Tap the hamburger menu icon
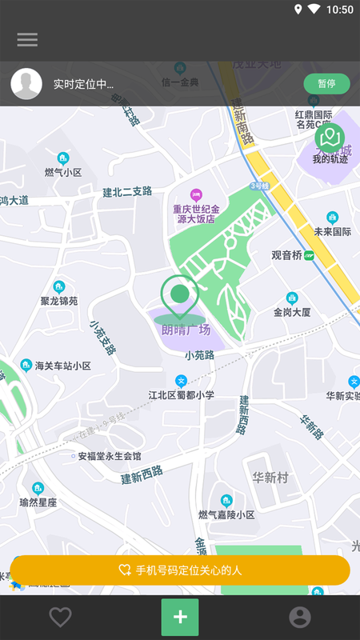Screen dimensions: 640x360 click(x=27, y=39)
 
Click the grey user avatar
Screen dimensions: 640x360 click(x=26, y=84)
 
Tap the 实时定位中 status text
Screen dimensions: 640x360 click(x=83, y=84)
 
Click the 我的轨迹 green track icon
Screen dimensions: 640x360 click(x=330, y=139)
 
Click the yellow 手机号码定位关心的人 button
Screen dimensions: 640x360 click(x=180, y=570)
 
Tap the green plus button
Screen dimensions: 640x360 click(x=180, y=617)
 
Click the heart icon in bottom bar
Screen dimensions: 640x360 click(x=60, y=617)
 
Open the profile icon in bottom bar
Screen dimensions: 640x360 click(x=300, y=617)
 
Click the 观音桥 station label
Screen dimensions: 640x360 click(x=286, y=255)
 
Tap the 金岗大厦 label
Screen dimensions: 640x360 click(x=292, y=312)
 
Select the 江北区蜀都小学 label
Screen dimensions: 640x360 click(x=182, y=394)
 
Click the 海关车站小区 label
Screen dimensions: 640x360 click(x=63, y=366)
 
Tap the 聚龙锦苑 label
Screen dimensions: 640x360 click(x=59, y=301)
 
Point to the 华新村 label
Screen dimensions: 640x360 click(x=270, y=478)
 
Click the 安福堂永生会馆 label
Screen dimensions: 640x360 click(x=110, y=456)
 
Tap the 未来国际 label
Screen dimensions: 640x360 click(x=333, y=232)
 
